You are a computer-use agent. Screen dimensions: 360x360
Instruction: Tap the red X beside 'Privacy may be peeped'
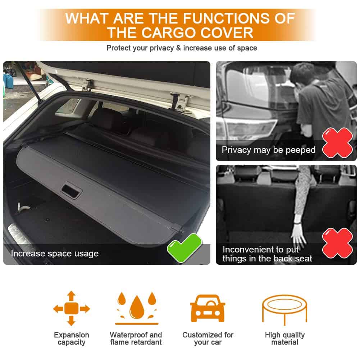(337, 142)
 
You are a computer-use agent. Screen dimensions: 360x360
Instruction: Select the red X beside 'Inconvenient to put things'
(337, 243)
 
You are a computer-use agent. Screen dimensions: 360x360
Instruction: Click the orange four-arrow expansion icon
(72, 308)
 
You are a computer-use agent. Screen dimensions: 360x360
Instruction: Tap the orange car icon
(208, 308)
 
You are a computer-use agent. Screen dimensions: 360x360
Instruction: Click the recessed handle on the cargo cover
(71, 191)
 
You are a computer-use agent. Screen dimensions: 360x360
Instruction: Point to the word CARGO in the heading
(169, 33)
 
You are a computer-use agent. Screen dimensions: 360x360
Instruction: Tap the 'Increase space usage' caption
(55, 254)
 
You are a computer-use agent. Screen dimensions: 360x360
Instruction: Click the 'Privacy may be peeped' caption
(269, 150)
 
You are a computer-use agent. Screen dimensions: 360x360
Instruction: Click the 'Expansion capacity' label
(72, 338)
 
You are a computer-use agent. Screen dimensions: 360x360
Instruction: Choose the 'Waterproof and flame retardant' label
(136, 338)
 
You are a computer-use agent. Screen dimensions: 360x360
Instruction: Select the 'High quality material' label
(285, 338)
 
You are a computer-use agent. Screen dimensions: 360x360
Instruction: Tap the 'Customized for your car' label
(208, 338)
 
